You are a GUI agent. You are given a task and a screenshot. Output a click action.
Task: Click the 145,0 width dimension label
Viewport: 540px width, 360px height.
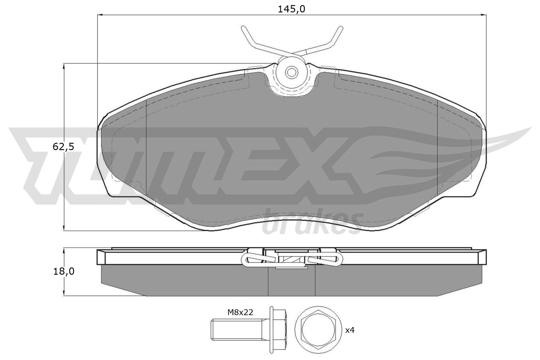click(x=291, y=9)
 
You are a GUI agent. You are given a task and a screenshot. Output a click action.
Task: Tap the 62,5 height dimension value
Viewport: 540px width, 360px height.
click(x=63, y=147)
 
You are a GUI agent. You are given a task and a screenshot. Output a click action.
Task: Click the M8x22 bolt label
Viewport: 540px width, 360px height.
click(x=240, y=312)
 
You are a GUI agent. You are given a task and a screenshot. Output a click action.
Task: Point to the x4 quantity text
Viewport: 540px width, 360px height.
click(x=350, y=330)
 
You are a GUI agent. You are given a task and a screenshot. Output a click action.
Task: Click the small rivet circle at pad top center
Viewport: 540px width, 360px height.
click(x=291, y=72)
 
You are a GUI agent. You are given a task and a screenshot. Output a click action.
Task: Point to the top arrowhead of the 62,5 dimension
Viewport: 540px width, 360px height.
click(x=64, y=66)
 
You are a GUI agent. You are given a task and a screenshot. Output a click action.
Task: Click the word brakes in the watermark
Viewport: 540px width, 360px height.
click(x=312, y=223)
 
